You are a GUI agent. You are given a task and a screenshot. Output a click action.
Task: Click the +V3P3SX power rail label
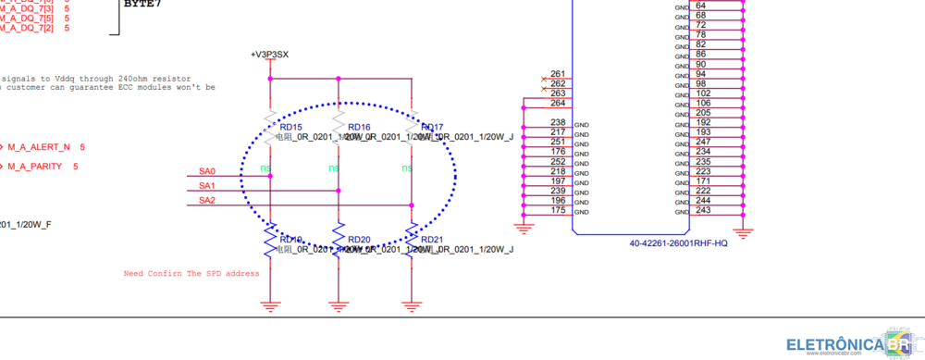click(x=270, y=56)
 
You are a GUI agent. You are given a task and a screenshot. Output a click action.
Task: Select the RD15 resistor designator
click(x=290, y=127)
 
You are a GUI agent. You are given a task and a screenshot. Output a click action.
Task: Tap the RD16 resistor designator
click(x=359, y=127)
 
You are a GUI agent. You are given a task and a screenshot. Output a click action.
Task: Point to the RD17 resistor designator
click(x=432, y=127)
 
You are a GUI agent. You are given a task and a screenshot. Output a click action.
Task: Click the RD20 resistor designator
click(x=359, y=239)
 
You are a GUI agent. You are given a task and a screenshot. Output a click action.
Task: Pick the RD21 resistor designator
click(x=432, y=239)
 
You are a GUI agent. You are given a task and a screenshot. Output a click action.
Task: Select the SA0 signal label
click(x=206, y=171)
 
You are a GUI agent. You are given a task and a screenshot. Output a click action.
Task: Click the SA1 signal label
click(x=206, y=186)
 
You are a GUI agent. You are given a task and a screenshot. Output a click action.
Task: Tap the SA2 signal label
click(x=206, y=200)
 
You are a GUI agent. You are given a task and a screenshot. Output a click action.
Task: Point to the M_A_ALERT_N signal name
click(x=39, y=147)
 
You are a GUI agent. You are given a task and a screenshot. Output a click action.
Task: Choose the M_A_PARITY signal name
click(x=35, y=167)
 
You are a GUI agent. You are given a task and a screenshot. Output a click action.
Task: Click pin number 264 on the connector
click(x=558, y=103)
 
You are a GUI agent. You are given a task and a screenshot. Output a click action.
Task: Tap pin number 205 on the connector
click(x=703, y=113)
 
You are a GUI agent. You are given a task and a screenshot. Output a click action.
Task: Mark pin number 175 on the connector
click(x=558, y=210)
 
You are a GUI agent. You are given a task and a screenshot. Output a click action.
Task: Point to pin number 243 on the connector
click(x=703, y=210)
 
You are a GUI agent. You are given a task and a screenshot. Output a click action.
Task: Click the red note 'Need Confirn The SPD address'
click(x=191, y=274)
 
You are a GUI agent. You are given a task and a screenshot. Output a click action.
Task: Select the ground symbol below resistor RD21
click(x=411, y=303)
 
